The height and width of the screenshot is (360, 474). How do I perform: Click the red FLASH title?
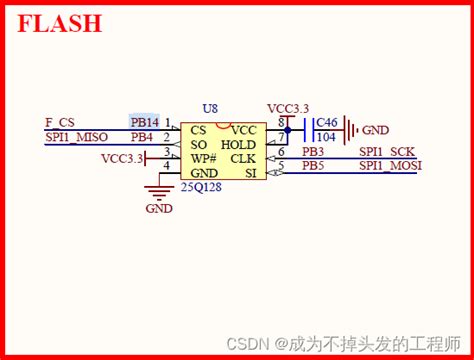[60, 24]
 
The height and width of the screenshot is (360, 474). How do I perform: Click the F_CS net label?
[60, 121]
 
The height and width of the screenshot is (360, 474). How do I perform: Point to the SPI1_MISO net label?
[76, 136]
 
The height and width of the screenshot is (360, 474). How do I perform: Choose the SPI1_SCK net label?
[386, 151]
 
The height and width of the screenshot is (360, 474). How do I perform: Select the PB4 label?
[142, 136]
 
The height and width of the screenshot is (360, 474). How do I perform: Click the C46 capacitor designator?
[325, 122]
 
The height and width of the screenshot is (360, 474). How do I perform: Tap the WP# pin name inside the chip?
[204, 158]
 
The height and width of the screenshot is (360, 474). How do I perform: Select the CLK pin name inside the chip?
[242, 158]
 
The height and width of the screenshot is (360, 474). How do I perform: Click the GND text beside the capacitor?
[375, 130]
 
